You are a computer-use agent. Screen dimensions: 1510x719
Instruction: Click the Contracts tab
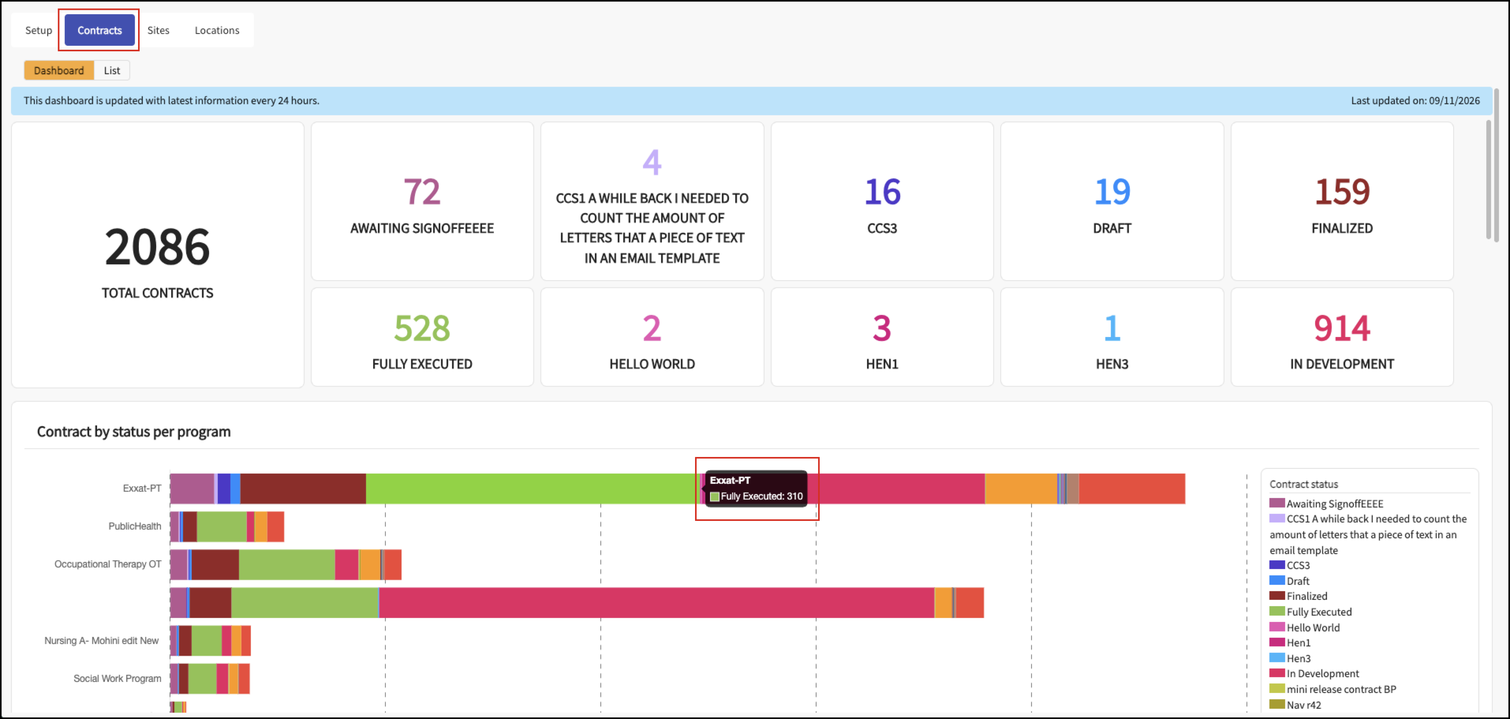[100, 30]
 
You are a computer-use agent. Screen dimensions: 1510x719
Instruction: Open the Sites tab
[158, 30]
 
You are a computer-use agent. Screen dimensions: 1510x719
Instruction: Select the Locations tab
[217, 30]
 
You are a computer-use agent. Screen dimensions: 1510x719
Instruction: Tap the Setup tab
[39, 30]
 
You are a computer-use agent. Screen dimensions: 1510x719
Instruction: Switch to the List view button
[112, 70]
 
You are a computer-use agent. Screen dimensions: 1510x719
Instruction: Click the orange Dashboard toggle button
[59, 70]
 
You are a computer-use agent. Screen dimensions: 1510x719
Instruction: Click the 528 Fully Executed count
[422, 328]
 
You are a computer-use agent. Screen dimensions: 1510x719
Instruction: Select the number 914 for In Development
[1342, 328]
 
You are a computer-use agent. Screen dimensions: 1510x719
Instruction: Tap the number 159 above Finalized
[1342, 192]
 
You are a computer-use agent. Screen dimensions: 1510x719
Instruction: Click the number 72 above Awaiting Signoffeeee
[422, 192]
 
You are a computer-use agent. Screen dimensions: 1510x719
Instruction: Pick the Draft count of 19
[1112, 192]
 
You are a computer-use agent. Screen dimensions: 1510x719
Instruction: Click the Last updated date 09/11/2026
[1454, 100]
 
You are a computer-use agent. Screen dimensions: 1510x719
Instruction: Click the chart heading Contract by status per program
[134, 432]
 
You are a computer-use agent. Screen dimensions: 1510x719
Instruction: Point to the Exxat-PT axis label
[142, 488]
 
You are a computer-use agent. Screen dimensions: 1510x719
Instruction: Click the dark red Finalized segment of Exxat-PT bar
[303, 489]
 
